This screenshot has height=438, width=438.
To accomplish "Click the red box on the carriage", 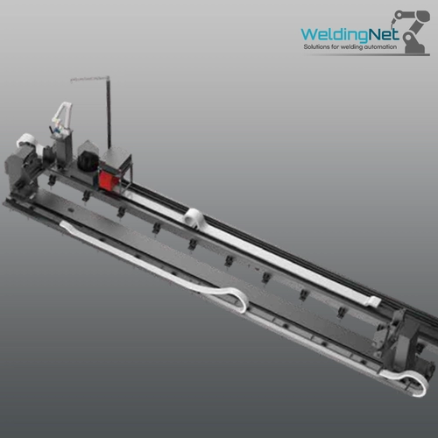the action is [109, 180].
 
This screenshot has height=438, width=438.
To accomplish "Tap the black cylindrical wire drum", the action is [88, 162].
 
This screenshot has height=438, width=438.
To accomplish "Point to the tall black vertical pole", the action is [109, 113].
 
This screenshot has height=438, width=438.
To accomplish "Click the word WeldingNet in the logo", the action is [350, 34].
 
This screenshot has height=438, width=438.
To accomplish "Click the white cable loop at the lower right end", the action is [409, 380].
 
